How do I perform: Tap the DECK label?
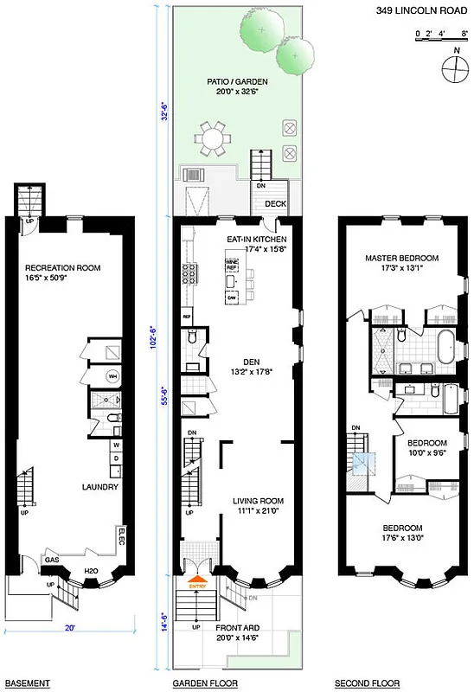275,204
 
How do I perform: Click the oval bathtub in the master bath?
444,347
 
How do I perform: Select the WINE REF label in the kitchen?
231,263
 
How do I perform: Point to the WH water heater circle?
112,376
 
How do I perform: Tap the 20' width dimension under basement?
68,631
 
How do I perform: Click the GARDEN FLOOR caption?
202,684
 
